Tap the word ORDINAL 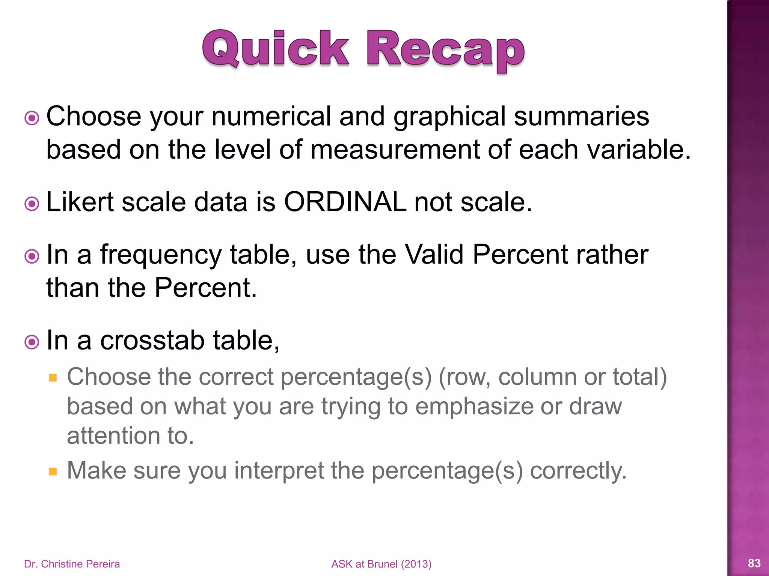pyautogui.click(x=345, y=202)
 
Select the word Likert pyautogui.click(x=80, y=202)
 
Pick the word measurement pyautogui.click(x=395, y=150)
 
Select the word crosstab pyautogui.click(x=152, y=340)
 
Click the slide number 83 pyautogui.click(x=754, y=563)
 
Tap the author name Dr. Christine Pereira pyautogui.click(x=72, y=564)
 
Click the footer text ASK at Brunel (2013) pyautogui.click(x=381, y=564)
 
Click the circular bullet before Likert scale pyautogui.click(x=32, y=204)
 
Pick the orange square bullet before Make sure pyautogui.click(x=53, y=471)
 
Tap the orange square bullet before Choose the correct pyautogui.click(x=53, y=377)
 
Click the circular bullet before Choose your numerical pyautogui.click(x=32, y=118)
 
